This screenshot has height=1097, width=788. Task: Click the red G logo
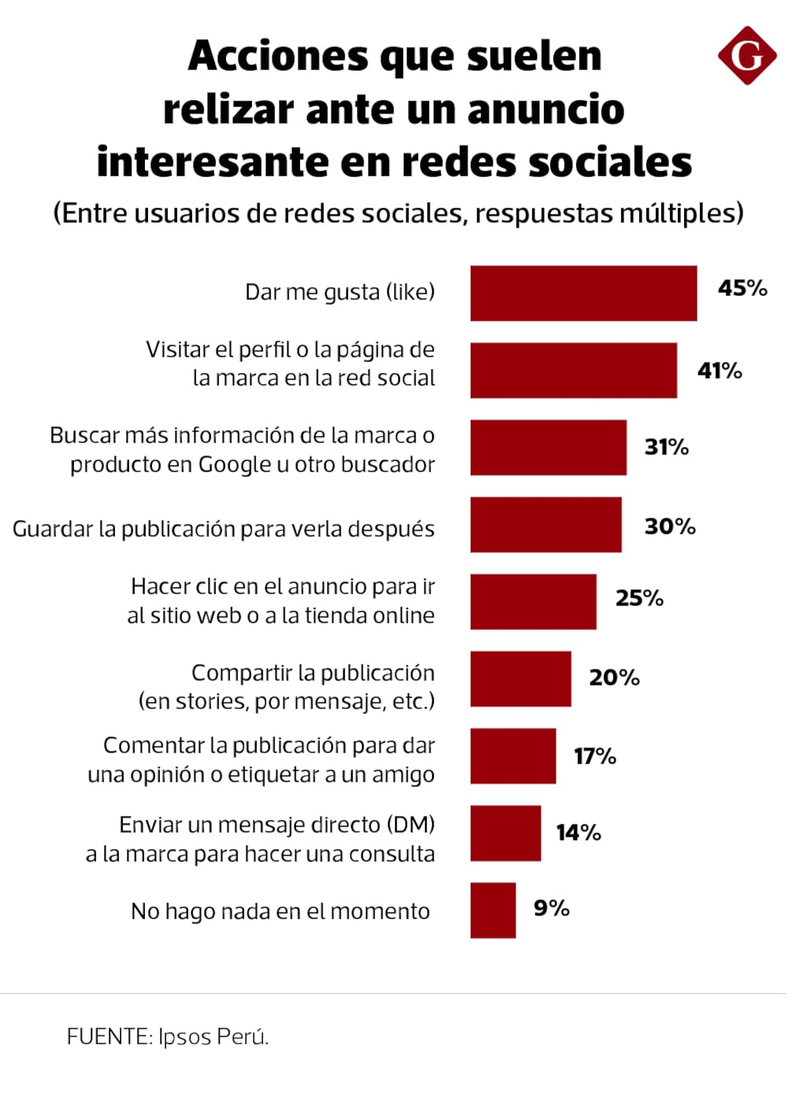click(x=746, y=55)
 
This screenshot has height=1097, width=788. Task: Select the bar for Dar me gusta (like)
click(x=583, y=294)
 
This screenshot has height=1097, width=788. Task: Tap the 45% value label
click(x=742, y=288)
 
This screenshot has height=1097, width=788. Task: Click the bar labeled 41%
click(x=573, y=371)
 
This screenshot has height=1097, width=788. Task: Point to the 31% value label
click(x=666, y=447)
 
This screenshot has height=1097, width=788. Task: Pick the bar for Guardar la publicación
click(x=546, y=525)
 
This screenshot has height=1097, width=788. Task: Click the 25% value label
click(x=639, y=598)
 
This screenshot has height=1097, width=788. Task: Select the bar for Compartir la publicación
click(x=520, y=679)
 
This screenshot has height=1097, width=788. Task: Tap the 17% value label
click(x=594, y=756)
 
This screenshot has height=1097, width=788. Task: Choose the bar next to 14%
click(x=505, y=833)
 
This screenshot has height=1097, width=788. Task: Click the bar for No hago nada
click(x=493, y=910)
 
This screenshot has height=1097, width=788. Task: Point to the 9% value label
click(x=551, y=908)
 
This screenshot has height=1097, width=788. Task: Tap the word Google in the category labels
click(x=235, y=465)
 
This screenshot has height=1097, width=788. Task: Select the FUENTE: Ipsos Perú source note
click(x=168, y=1036)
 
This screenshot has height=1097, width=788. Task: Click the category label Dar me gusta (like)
click(x=339, y=292)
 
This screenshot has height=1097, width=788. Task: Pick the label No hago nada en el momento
click(x=280, y=911)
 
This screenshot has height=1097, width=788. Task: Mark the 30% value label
click(x=669, y=526)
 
